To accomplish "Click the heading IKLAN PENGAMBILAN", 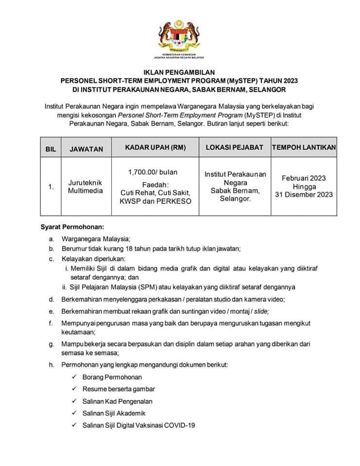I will click(180, 72).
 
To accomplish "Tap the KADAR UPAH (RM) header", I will click(155, 147).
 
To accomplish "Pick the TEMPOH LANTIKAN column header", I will click(304, 147).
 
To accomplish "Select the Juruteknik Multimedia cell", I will click(86, 186).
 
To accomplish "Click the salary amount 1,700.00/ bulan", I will click(153, 172).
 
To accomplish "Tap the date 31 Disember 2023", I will click(304, 195).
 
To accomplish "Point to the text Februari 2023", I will click(304, 178).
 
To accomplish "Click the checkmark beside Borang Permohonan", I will click(73, 377).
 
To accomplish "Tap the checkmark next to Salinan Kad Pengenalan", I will click(73, 401).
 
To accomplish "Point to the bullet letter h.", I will click(51, 365).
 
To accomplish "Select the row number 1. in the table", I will click(51, 186).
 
